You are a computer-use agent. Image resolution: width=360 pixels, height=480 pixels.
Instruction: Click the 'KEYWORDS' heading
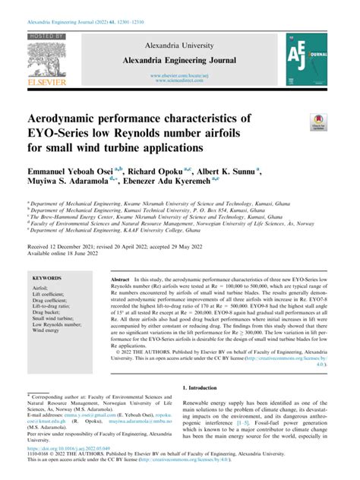(x=48, y=279)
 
